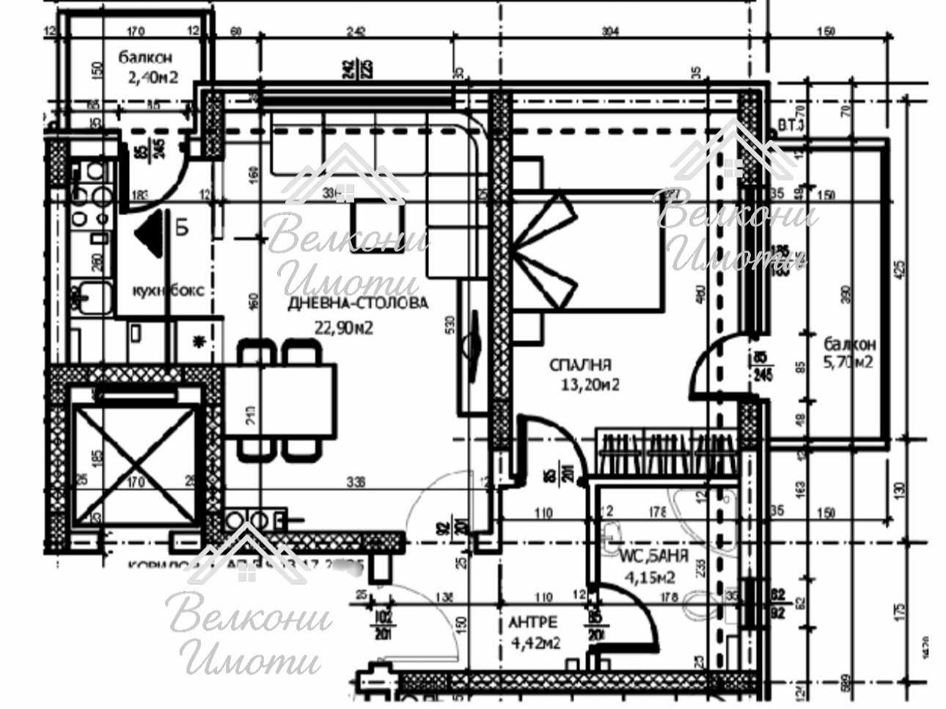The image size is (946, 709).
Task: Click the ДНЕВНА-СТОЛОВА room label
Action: (x=358, y=303)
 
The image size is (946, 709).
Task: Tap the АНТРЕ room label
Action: (x=533, y=622)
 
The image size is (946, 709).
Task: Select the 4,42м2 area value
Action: (x=535, y=644)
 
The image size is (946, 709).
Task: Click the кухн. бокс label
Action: (x=167, y=290)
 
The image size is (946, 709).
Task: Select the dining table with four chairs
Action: (x=281, y=400)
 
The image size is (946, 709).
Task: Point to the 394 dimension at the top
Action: (x=609, y=32)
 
